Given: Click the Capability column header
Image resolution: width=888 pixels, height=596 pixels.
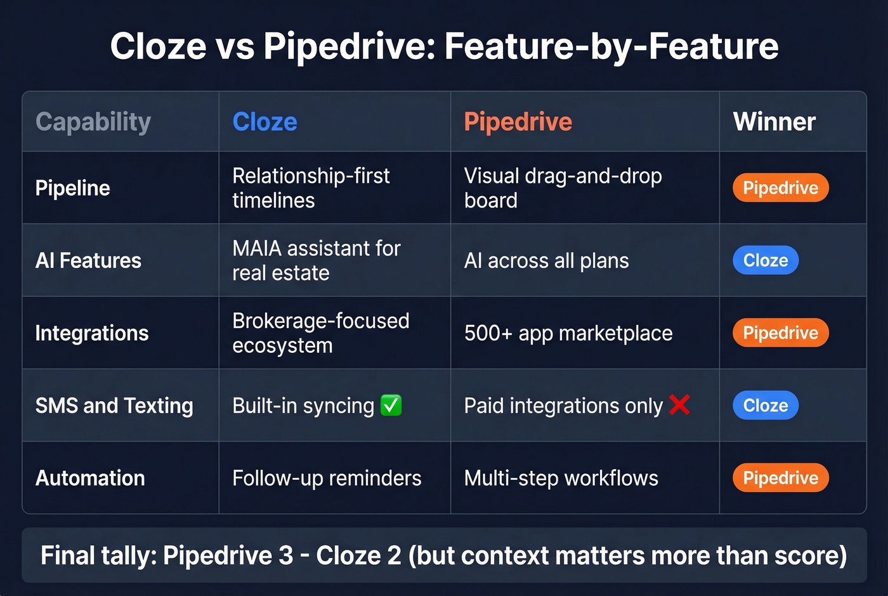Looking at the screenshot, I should pos(93,122).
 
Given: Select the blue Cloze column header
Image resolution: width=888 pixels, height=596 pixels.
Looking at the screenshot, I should pos(264,122).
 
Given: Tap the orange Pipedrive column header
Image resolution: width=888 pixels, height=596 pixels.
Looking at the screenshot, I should pos(518,122).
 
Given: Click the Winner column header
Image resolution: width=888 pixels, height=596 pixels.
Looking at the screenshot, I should pos(774,122).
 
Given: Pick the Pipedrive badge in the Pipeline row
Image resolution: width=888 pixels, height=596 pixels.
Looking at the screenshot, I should pos(780,188).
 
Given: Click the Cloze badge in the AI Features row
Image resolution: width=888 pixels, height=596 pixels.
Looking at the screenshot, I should pos(766,260).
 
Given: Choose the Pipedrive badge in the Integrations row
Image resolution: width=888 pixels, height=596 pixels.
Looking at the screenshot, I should pos(780,333).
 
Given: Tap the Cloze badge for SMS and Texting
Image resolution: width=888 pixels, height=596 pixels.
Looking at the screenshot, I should pos(766,406).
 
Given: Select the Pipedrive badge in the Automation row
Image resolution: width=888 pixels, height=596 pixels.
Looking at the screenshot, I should pos(780,478).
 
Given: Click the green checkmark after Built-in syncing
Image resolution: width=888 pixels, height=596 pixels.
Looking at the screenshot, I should pos(391,405).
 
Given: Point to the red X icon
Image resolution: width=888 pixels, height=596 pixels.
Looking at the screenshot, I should pos(679,404).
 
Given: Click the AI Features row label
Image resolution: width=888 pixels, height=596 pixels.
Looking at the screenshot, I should pos(88,260).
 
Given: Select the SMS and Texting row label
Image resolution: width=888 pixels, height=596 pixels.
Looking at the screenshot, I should pos(114,406).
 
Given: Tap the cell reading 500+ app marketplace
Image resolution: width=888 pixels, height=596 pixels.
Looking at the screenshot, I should pos(568,333).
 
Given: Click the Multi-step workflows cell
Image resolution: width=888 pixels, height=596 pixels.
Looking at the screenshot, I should pos(561,478).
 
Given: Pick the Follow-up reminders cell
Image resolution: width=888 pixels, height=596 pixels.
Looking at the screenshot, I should pos(327,478).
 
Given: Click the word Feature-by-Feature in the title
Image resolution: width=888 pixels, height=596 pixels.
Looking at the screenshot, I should pos(611,46).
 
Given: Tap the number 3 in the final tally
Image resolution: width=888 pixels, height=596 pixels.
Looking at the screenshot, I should pos(285,555).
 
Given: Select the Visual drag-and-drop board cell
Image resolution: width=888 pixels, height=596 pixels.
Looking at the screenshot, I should pos(563,188).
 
